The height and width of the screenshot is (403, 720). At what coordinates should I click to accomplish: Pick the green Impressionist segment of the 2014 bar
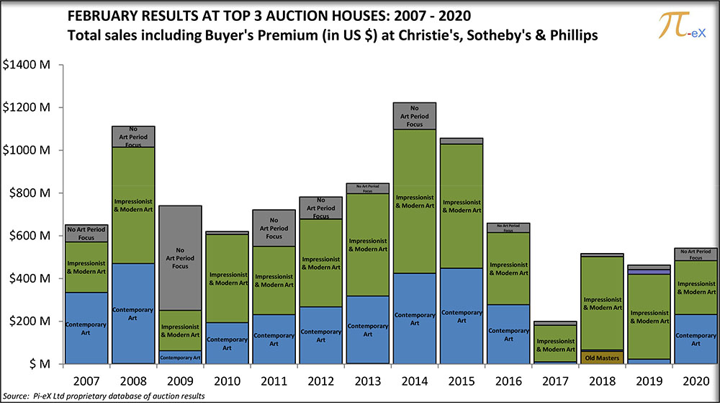point(415,201)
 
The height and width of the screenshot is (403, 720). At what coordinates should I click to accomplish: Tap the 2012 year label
point(321,378)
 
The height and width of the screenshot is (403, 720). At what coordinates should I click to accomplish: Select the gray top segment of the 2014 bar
point(415,115)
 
